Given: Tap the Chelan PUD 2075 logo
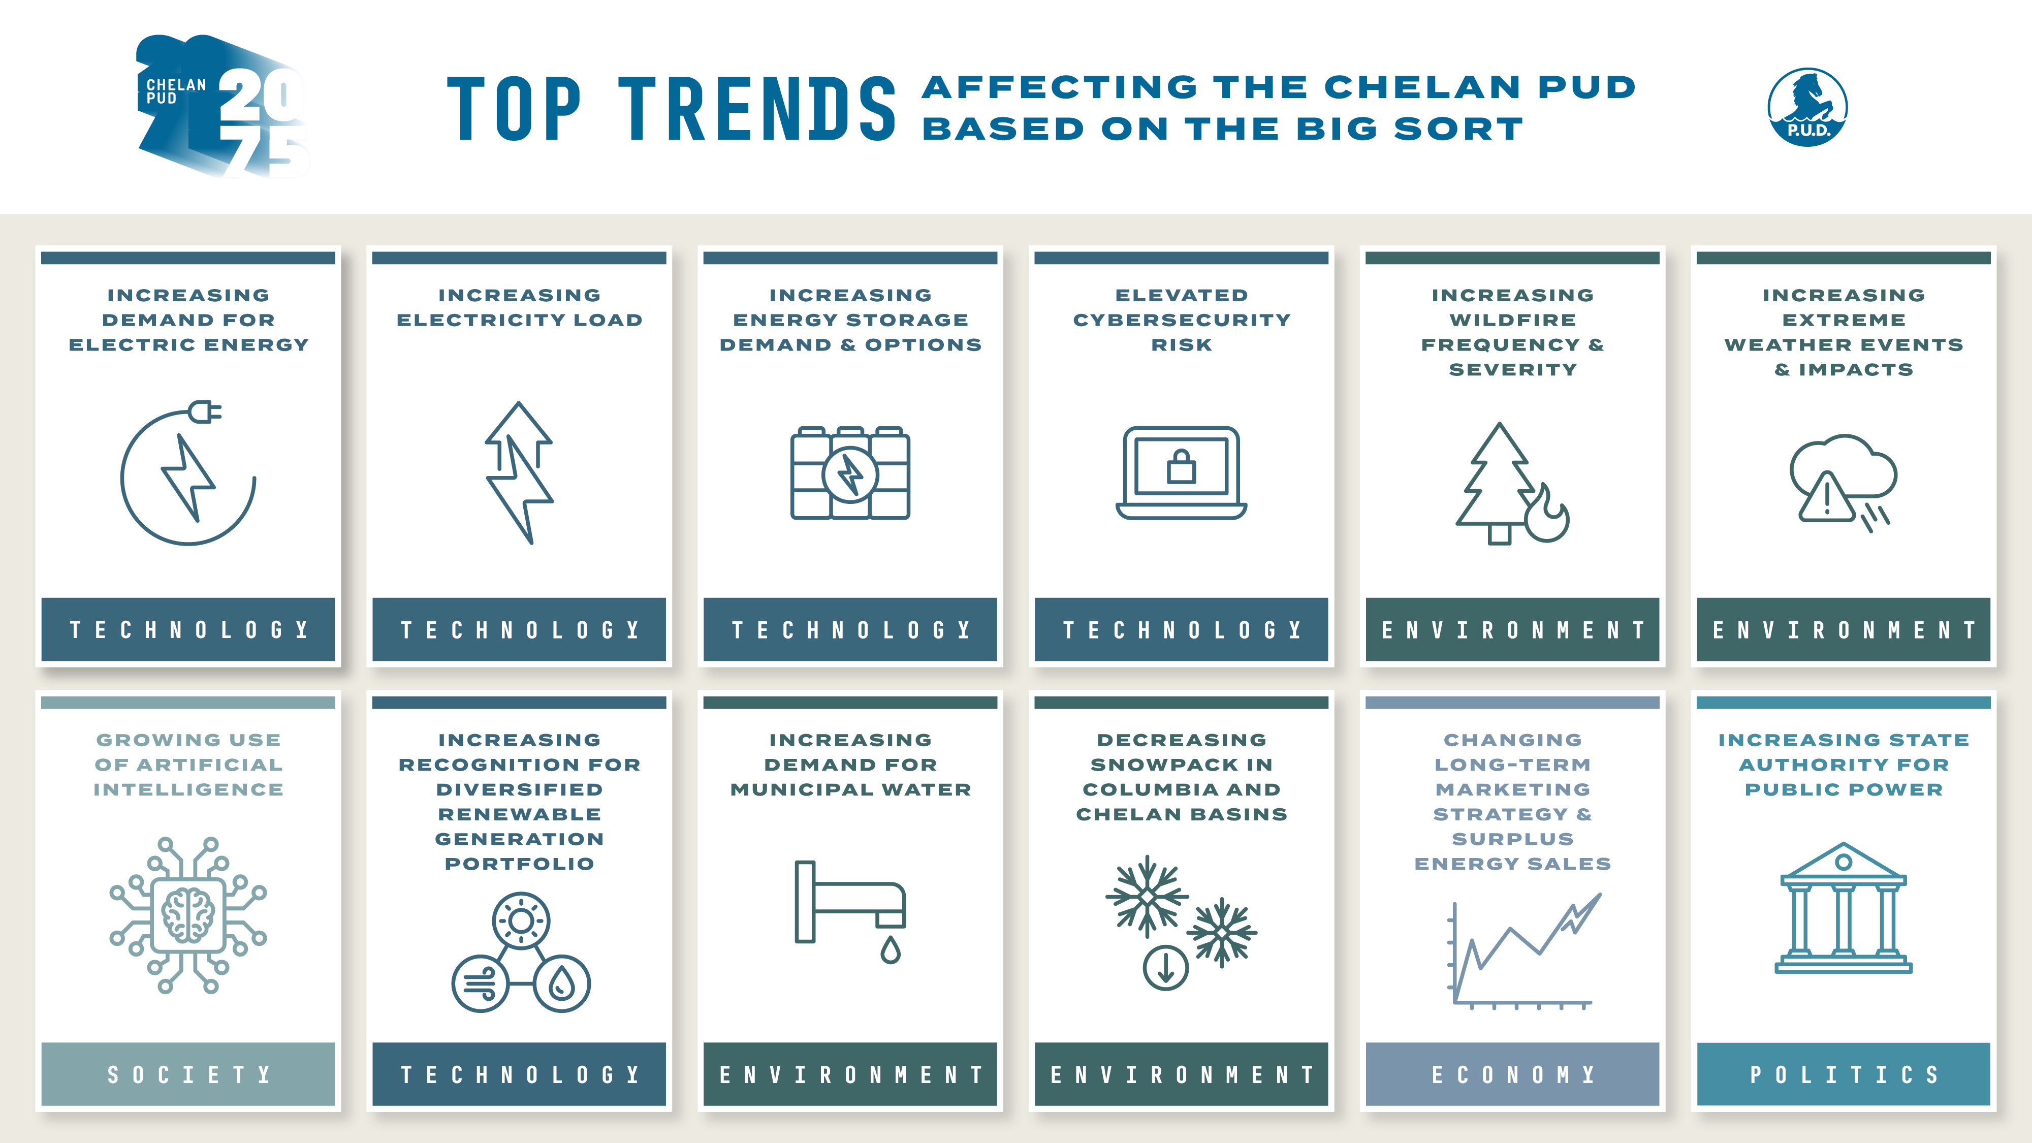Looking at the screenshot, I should (223, 107).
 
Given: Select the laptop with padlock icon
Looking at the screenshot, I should (1181, 472).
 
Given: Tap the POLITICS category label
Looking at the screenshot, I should (1844, 1074).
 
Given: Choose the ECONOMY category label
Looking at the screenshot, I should (1512, 1074).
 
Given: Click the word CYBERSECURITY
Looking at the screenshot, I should (1181, 320).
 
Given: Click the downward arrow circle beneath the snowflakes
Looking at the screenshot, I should (1165, 968).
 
